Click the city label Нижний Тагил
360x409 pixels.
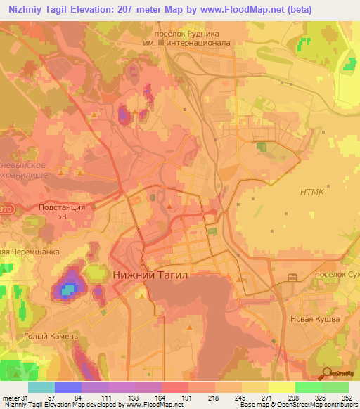150,276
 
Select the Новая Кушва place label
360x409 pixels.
315,319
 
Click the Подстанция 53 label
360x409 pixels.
61,212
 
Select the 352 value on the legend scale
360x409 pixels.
347,397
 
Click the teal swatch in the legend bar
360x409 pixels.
41,387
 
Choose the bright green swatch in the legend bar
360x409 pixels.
308,387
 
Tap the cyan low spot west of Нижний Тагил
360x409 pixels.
67,287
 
